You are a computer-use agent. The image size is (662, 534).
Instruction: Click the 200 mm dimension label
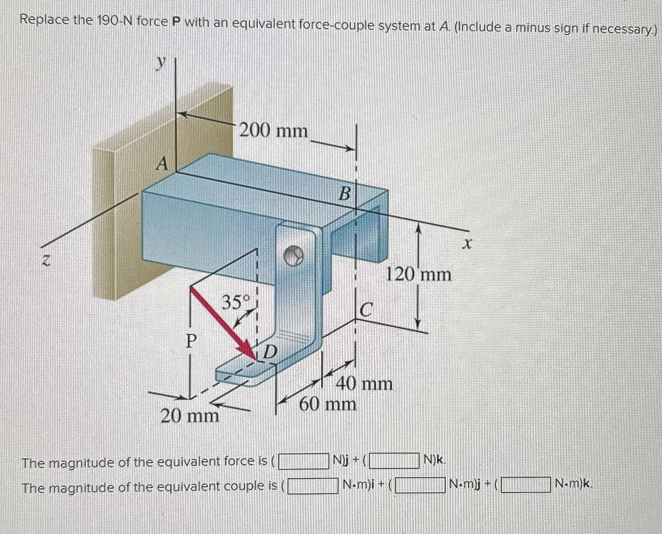273,131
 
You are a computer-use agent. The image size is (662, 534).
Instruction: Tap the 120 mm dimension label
419,275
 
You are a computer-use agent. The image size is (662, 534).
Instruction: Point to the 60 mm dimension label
327,404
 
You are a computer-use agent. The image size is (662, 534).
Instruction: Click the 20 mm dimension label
190,416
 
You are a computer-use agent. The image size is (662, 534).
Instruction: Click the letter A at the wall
163,165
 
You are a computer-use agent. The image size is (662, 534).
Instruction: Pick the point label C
366,310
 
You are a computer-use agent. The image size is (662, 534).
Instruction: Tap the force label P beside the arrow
191,341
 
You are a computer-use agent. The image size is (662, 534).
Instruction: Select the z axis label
47,262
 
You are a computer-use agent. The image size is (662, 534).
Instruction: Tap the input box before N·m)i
313,485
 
